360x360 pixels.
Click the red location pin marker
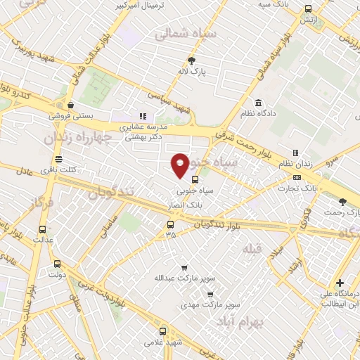tap(180, 165)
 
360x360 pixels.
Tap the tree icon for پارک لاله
tap(191, 60)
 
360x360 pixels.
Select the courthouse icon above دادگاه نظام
tap(259, 103)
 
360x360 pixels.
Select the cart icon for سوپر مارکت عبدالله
tap(184, 267)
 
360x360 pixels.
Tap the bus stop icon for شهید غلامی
tap(163, 330)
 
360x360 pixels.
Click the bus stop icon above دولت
tap(56, 264)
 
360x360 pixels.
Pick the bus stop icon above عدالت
tap(43, 229)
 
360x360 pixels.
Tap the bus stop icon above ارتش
tap(308, 9)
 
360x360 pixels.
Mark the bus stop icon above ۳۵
tap(170, 225)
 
